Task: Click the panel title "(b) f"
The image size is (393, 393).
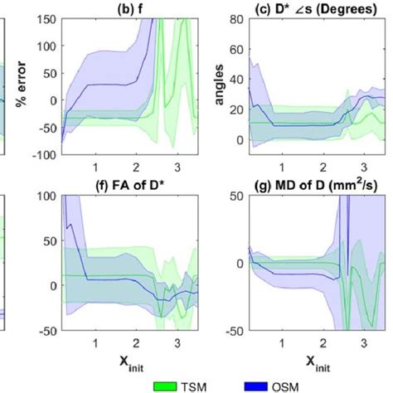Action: (x=130, y=7)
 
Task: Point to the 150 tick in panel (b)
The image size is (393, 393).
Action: (x=48, y=18)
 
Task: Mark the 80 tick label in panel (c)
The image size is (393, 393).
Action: (x=237, y=18)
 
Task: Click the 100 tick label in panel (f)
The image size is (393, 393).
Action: (x=48, y=197)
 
